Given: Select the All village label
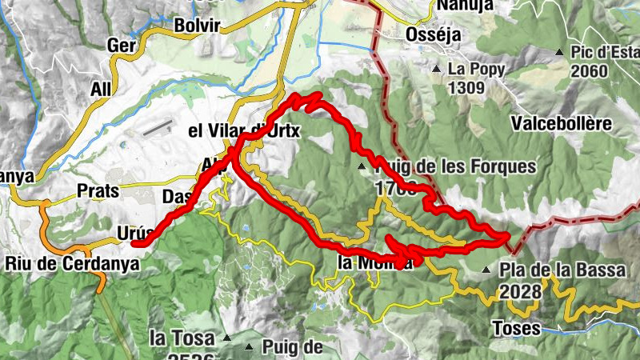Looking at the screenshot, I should coord(101,90).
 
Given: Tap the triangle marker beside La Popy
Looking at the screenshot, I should coord(437,70).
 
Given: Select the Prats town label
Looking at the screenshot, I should coord(98,191).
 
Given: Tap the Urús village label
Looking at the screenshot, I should coord(134,232).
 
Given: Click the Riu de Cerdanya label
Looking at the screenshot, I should coord(72,262).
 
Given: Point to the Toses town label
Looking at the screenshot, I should coord(515,328).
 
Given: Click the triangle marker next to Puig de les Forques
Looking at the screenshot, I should coord(362,167).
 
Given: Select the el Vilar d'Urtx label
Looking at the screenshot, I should coord(243,130).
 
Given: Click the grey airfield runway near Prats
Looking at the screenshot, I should coord(158,127).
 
